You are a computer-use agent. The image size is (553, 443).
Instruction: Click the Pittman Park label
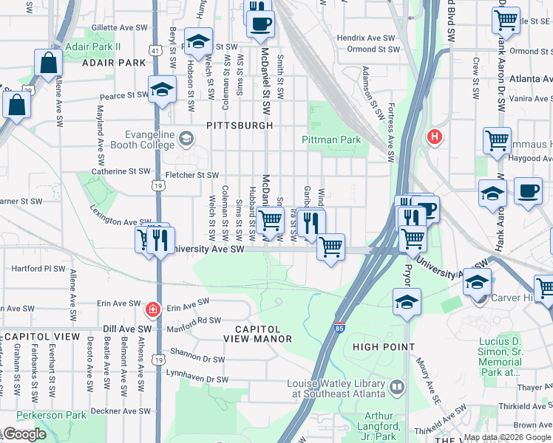tap(330, 140)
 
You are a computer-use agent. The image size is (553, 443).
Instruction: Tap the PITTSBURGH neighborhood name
tap(240, 126)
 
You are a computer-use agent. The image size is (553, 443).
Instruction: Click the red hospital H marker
tap(434, 137)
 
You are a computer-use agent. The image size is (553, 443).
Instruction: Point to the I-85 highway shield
tap(338, 326)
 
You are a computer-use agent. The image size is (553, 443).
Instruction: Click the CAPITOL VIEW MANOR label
tap(259, 334)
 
